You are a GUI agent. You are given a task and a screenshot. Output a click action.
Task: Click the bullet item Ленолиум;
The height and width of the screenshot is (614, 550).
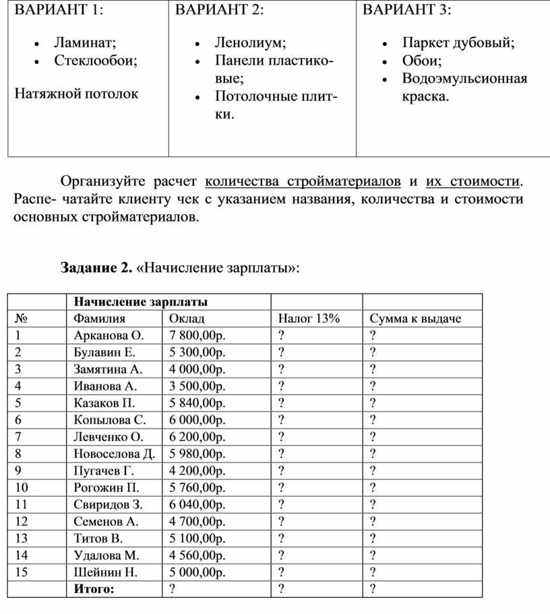pyautogui.click(x=250, y=43)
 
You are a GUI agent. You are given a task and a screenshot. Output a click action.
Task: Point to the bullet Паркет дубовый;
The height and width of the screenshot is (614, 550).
pyautogui.click(x=458, y=43)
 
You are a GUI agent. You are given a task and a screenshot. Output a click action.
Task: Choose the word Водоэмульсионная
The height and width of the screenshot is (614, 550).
pyautogui.click(x=464, y=79)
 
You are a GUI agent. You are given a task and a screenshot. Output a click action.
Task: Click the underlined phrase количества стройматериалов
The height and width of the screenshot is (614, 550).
pyautogui.click(x=302, y=181)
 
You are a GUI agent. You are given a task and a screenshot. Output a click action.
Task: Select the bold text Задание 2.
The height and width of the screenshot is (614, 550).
pyautogui.click(x=95, y=268)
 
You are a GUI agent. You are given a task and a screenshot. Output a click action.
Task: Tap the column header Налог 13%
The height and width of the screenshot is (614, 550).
pyautogui.click(x=309, y=318)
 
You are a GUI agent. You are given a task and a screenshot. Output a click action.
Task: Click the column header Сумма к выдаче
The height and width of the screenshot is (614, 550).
pyautogui.click(x=415, y=318)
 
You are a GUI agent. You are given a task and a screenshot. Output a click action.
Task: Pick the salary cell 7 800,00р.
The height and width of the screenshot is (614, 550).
pyautogui.click(x=197, y=335)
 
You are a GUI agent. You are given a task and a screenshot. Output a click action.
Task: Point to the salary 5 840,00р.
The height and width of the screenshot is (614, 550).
pyautogui.click(x=197, y=403)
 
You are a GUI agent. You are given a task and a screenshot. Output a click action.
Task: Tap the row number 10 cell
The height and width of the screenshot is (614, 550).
pyautogui.click(x=21, y=487)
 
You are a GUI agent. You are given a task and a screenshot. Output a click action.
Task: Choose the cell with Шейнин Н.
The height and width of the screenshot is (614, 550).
pyautogui.click(x=106, y=572)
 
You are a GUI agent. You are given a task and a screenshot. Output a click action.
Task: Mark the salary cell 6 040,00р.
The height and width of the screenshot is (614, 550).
pyautogui.click(x=197, y=504)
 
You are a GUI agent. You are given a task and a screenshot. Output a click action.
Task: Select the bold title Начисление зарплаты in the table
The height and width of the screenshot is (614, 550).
pyautogui.click(x=141, y=301)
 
